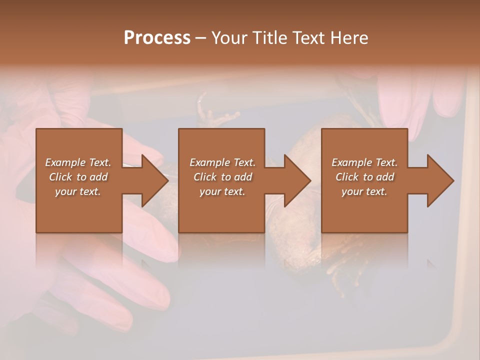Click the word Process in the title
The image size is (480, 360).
click(x=157, y=38)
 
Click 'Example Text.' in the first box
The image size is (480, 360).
click(x=78, y=162)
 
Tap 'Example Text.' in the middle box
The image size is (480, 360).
click(x=222, y=162)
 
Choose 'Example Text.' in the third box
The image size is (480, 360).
click(x=364, y=162)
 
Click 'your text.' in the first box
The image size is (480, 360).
click(x=78, y=191)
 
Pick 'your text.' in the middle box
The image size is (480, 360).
click(x=222, y=191)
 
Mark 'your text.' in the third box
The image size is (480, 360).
click(x=364, y=191)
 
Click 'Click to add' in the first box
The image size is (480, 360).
click(x=78, y=177)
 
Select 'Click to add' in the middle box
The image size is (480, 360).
click(x=222, y=177)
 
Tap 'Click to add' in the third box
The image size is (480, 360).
click(x=364, y=177)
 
